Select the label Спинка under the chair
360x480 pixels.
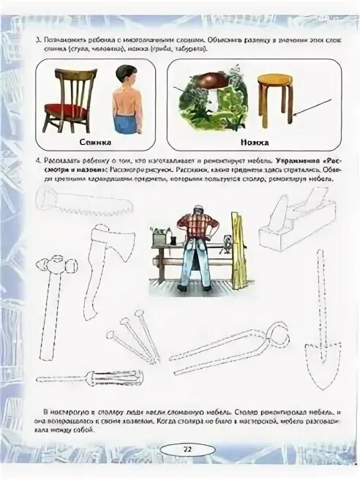click(x=91, y=138)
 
